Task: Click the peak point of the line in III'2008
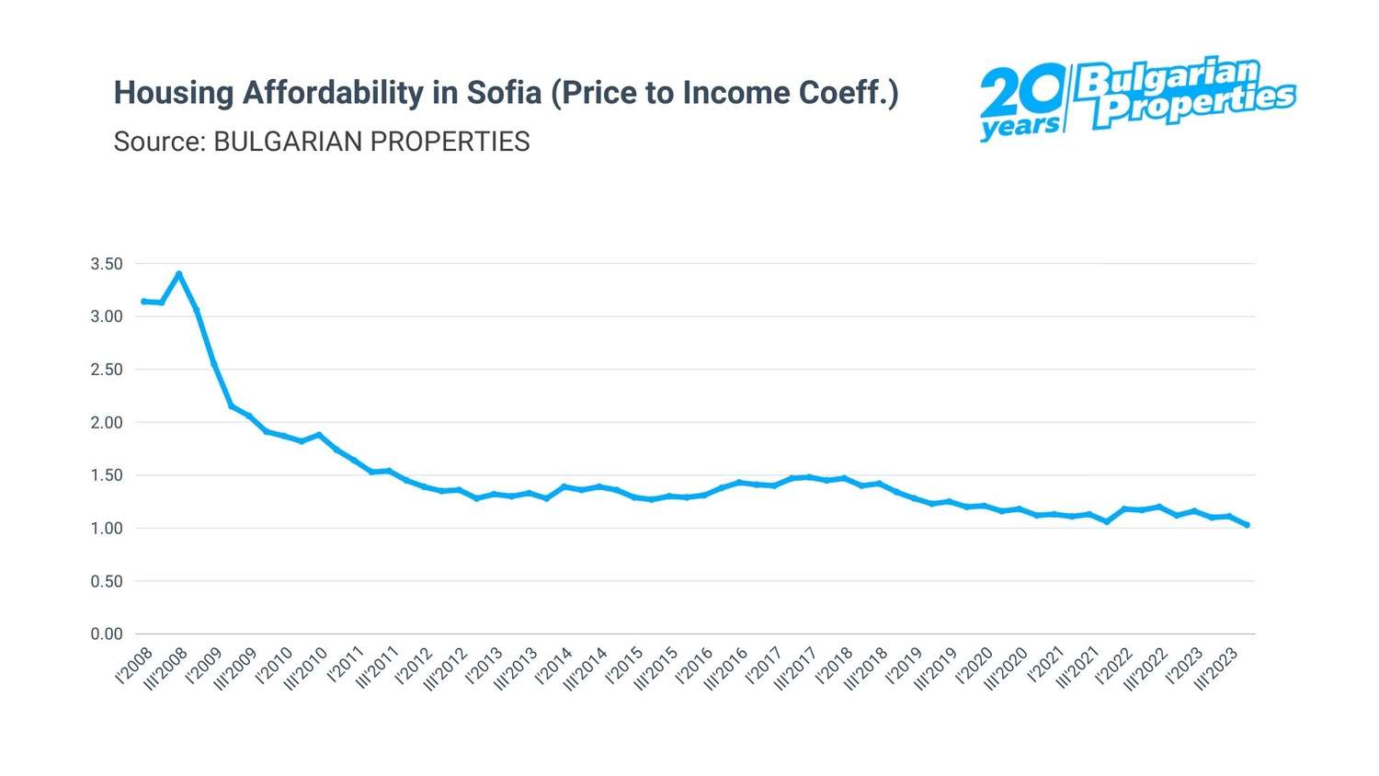[x=179, y=274]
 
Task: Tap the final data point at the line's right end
[x=1247, y=525]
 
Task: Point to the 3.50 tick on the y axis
[x=107, y=264]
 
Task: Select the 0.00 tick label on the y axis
[x=107, y=633]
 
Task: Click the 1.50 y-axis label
[x=107, y=475]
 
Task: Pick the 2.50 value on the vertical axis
[x=107, y=370]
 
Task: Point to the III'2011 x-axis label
[x=378, y=668]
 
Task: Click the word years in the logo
[x=1019, y=126]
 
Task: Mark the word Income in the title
[x=735, y=93]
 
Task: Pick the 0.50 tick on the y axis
[x=107, y=581]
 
